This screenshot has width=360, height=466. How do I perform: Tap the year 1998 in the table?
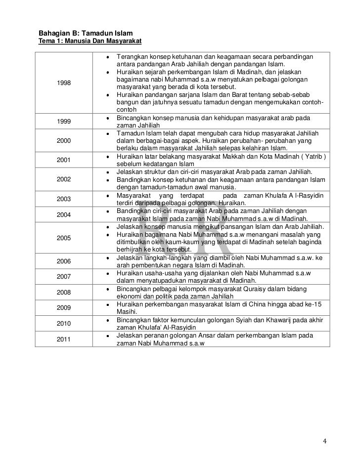64,83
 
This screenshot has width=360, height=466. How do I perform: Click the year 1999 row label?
64,121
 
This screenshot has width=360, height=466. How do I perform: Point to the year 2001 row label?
64,160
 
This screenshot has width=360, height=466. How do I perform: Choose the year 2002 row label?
64,179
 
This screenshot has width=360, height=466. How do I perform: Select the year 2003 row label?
64,199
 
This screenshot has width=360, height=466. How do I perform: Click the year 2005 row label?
64,238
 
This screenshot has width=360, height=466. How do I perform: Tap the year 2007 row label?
64,276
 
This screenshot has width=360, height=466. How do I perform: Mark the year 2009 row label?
64,307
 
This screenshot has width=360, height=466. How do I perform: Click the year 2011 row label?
64,339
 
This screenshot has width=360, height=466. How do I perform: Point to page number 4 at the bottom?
324,441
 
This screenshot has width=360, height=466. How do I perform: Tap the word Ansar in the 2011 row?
203,336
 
